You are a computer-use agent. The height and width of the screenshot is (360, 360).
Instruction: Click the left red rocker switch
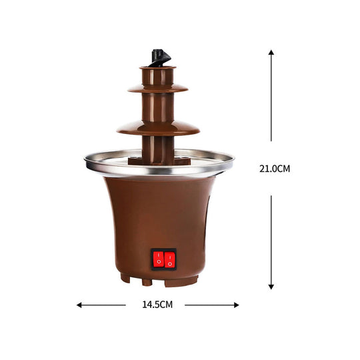pos(158,259)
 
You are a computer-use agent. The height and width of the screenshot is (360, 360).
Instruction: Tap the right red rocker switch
pos(170,260)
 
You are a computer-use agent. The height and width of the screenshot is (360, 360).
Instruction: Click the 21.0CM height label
pos(275,169)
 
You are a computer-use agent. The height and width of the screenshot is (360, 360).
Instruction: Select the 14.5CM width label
pos(157,305)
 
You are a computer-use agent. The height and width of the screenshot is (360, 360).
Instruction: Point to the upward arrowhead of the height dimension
pos(271,52)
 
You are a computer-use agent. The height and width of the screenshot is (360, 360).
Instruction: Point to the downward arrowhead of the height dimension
pos(271,287)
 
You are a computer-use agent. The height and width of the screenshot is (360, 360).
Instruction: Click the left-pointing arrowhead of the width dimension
pos(79,305)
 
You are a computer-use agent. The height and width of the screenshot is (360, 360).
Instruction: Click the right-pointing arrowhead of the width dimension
pos(236,305)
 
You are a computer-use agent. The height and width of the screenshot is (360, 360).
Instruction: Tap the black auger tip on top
pos(160,57)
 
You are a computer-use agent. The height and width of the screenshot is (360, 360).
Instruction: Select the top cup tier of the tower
pos(158,75)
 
